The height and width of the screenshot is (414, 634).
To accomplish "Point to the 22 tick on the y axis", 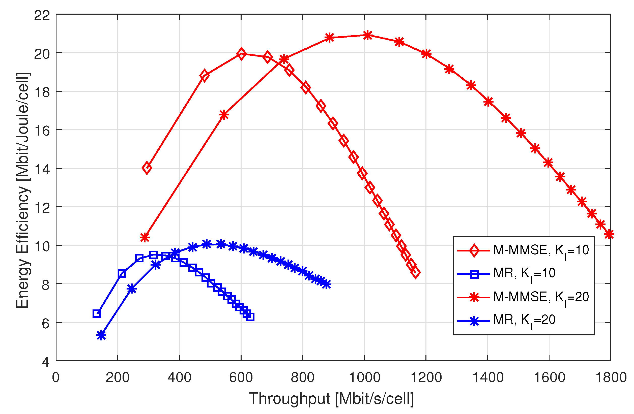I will tap(42, 15).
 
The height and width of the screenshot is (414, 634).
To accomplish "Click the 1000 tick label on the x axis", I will tap(364, 377).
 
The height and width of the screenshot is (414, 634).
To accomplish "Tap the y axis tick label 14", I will tap(42, 169).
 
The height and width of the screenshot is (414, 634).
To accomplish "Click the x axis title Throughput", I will tap(331, 399).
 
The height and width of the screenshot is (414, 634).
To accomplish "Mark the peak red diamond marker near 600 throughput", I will tap(241, 54).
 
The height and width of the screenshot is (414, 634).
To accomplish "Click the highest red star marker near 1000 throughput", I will tap(368, 35).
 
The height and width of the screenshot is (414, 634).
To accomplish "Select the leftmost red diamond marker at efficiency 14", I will tap(147, 168).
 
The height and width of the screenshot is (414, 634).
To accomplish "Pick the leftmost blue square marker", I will tap(97, 314).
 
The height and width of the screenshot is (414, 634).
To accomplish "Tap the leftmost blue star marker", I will tap(101, 335).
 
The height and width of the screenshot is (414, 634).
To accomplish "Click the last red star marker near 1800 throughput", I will tap(609, 234).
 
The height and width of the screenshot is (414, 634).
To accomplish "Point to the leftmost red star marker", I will tap(145, 237).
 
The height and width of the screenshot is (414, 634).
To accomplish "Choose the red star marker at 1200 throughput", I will tap(426, 54).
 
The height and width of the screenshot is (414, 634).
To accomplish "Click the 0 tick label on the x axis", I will tap(56, 377).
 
